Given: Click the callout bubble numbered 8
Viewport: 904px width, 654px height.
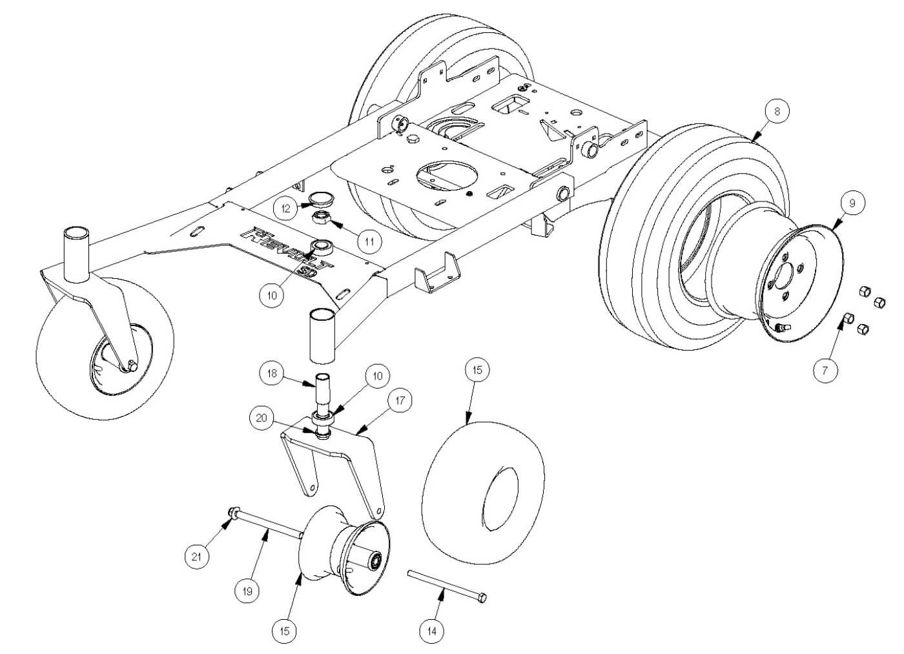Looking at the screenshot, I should pos(777,111).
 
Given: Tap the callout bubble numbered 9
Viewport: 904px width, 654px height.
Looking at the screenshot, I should pos(852,203).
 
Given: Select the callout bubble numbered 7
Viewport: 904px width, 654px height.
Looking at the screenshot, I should pos(825,371).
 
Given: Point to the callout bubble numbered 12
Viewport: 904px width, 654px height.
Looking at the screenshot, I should pos(285,208).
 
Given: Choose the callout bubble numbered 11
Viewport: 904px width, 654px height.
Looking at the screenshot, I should pos(369,241).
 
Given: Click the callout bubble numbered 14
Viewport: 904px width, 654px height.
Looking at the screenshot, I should pos(432,629).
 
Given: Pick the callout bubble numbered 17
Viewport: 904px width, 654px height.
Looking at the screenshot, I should pos(400,401).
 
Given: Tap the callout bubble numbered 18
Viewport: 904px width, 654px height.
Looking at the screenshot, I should pos(272,374).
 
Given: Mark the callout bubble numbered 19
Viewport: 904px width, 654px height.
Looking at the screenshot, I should pos(247,589).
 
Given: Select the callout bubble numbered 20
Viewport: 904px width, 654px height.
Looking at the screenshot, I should pos(262,418).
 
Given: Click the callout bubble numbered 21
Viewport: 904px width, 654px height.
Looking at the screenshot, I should pos(197,555).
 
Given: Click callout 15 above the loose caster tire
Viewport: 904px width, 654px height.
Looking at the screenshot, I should pos(477,370).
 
